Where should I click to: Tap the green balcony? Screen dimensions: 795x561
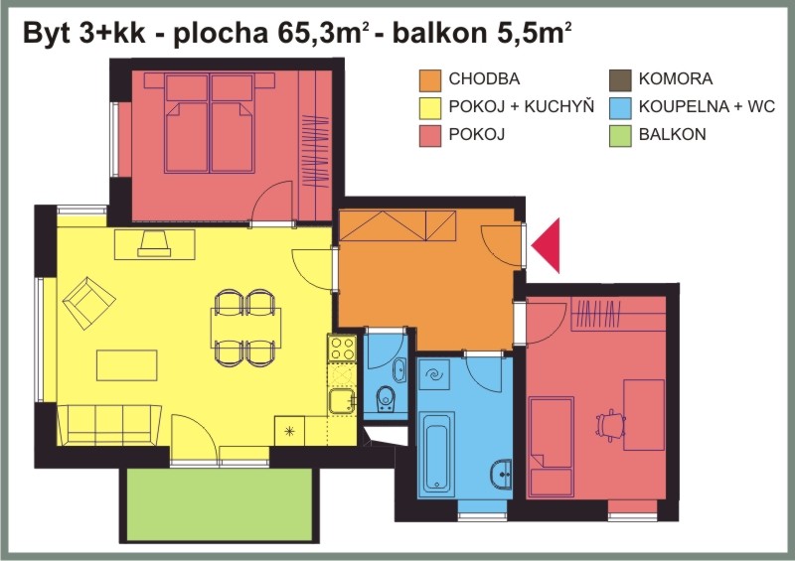pyautogui.click(x=219, y=504)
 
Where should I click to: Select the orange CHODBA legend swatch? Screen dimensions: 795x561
pyautogui.click(x=430, y=80)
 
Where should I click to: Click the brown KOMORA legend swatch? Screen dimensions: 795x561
pyautogui.click(x=620, y=80)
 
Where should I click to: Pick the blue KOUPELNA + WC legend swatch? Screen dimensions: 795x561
pyautogui.click(x=620, y=108)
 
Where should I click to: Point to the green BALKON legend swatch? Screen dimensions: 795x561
pyautogui.click(x=620, y=136)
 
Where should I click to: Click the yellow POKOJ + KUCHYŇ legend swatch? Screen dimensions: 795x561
pyautogui.click(x=430, y=108)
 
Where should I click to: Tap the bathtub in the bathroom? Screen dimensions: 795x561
pyautogui.click(x=436, y=452)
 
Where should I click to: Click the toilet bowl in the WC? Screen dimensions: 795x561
pyautogui.click(x=386, y=399)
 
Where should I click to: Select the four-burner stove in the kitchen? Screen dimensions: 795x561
pyautogui.click(x=342, y=349)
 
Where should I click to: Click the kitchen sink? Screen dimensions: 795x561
pyautogui.click(x=342, y=401)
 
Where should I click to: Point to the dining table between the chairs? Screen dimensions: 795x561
pyautogui.click(x=245, y=328)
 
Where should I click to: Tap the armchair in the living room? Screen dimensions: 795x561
pyautogui.click(x=88, y=303)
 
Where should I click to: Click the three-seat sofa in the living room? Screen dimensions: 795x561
pyautogui.click(x=109, y=425)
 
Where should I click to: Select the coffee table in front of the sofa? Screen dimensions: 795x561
pyautogui.click(x=127, y=364)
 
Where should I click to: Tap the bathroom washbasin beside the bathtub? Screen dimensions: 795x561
pyautogui.click(x=501, y=475)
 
